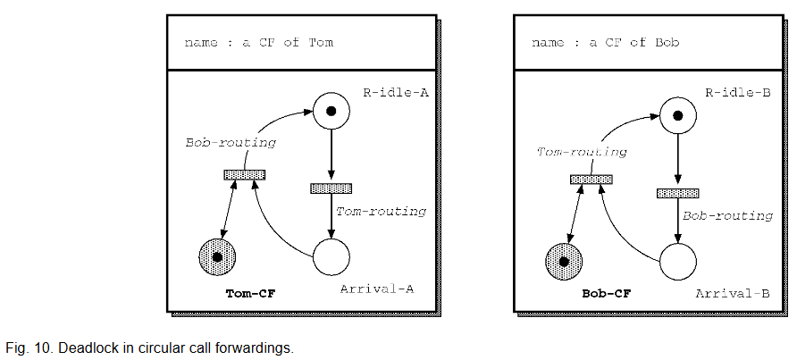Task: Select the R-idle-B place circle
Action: tap(677, 115)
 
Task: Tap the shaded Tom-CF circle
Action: tap(217, 258)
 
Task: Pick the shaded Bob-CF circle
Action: tap(564, 262)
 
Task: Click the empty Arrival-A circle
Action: tap(331, 258)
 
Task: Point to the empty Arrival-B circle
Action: tap(677, 262)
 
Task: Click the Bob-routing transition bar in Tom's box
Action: tap(244, 174)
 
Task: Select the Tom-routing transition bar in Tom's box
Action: tap(331, 188)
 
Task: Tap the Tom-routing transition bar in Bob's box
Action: tap(591, 179)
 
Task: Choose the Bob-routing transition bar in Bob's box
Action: tap(677, 193)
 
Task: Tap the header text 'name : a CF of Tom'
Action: tap(258, 43)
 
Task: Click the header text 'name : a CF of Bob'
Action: tap(605, 43)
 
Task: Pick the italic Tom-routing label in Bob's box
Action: tap(580, 152)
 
